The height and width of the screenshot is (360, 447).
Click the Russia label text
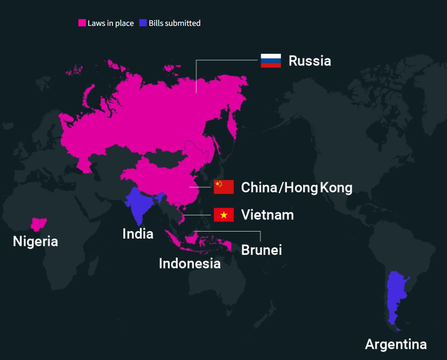(309, 61)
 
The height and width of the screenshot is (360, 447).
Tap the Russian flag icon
(271, 60)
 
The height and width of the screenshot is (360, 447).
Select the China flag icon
(223, 187)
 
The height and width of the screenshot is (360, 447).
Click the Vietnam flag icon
(223, 215)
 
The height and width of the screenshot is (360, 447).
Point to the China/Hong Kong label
(296, 188)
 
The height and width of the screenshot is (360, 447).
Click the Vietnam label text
(267, 215)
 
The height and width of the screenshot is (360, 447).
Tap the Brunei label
(261, 250)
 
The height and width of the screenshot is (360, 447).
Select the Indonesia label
(190, 263)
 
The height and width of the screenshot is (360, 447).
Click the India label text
(138, 234)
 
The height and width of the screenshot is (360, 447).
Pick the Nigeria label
(35, 241)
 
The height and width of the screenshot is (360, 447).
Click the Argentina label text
(396, 344)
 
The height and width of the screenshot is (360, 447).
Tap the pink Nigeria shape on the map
(39, 224)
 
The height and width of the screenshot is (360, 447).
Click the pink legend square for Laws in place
(82, 23)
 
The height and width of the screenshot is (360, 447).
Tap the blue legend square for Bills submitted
(143, 23)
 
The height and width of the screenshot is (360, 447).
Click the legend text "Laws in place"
(110, 23)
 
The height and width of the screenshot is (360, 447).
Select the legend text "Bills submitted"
(175, 23)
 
